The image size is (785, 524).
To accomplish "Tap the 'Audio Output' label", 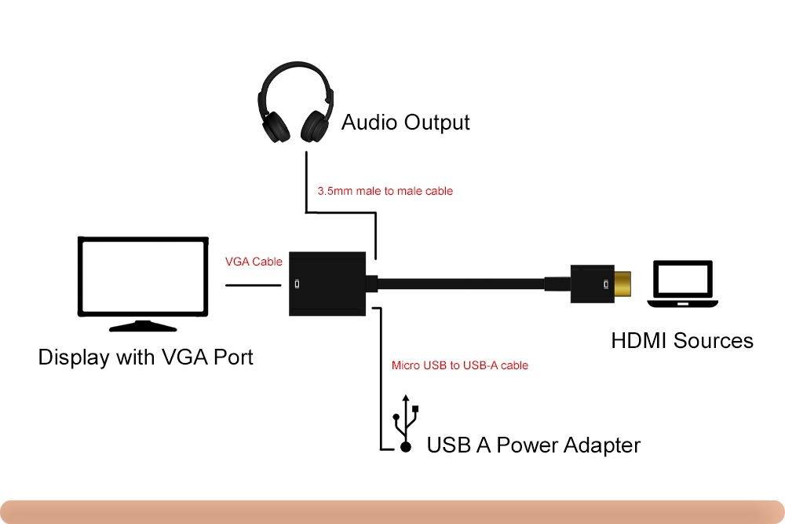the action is coord(406,123).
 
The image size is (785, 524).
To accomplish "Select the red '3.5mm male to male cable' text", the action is coord(385,191).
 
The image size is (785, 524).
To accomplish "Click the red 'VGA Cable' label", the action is coord(254,262).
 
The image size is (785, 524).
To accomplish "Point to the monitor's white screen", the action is coord(143,276).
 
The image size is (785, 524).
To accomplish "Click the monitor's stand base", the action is coord(143,327).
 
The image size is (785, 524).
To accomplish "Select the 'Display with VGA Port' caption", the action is coord(146,357).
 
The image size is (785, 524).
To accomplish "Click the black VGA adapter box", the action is coord(327,284).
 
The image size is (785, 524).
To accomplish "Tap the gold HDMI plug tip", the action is coord(623,284).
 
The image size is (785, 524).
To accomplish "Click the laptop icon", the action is coord(682,284).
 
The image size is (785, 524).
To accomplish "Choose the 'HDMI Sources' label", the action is coord(682,341).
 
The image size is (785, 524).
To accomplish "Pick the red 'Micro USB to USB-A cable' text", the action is coord(459,365).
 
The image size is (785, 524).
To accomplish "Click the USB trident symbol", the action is coord(406,423).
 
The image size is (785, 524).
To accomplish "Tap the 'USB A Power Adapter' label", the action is coord(533,445).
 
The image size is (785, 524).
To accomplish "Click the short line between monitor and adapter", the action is coord(254,285).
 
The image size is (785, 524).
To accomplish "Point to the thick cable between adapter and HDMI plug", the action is coord(461,284).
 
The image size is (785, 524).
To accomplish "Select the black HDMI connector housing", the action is coord(592,284).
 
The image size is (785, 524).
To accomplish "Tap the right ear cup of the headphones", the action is coord(315,126).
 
